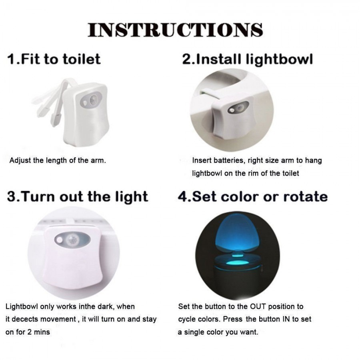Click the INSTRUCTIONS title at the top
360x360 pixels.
coord(175,30)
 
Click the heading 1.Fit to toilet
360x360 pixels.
coord(54,60)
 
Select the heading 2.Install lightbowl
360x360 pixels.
coord(247,60)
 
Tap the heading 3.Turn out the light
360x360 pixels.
coord(78,197)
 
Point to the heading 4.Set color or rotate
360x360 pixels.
coord(252,197)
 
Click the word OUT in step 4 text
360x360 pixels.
coord(258,307)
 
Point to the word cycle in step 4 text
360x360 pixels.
coord(186,319)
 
